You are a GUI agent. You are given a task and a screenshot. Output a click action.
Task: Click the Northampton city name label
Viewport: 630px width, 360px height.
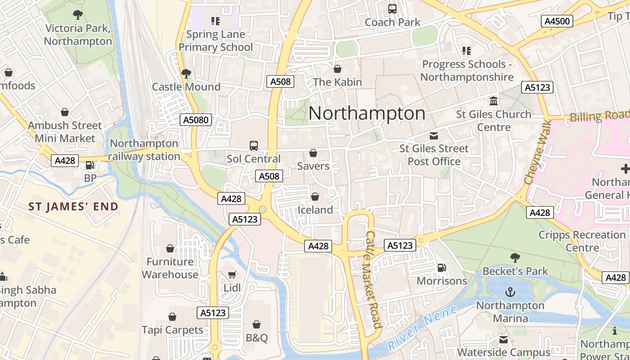[x=367, y=113]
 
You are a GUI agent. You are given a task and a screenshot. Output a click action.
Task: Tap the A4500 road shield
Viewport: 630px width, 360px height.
[x=557, y=21]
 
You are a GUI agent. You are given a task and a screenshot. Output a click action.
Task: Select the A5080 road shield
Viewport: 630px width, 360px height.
[x=196, y=120]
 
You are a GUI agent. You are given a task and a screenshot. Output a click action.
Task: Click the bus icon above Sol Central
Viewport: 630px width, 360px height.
[x=254, y=146]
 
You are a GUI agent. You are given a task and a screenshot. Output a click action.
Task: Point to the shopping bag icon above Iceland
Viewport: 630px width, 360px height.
[x=315, y=197]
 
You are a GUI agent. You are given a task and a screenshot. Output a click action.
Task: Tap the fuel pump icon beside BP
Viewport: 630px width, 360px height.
[x=90, y=165]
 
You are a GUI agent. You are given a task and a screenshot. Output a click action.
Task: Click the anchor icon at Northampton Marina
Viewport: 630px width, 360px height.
[x=510, y=292]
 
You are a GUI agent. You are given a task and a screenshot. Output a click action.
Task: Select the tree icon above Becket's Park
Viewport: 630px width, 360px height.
[x=515, y=258]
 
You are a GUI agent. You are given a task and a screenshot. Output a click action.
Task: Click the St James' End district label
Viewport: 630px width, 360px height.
[x=73, y=207]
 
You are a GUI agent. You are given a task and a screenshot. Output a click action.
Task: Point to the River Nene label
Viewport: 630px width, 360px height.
[x=422, y=328]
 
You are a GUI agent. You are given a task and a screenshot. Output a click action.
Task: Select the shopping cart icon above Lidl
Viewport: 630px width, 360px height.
[x=232, y=274]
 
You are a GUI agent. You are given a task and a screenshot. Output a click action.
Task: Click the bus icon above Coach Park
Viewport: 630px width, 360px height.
[x=392, y=9]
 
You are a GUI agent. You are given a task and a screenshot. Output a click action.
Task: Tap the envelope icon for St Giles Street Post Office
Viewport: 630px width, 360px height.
[x=434, y=135]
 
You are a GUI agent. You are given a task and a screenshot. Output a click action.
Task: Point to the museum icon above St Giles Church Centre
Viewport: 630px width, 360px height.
[x=494, y=101]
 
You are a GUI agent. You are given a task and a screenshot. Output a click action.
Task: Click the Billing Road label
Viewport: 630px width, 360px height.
[x=599, y=116]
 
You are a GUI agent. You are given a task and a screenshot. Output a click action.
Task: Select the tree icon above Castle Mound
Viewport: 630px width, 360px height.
[x=186, y=73]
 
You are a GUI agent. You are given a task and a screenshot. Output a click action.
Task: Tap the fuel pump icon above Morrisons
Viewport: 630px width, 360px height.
[x=442, y=268]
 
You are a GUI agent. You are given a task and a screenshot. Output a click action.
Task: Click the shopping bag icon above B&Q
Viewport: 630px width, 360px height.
[x=256, y=324]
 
